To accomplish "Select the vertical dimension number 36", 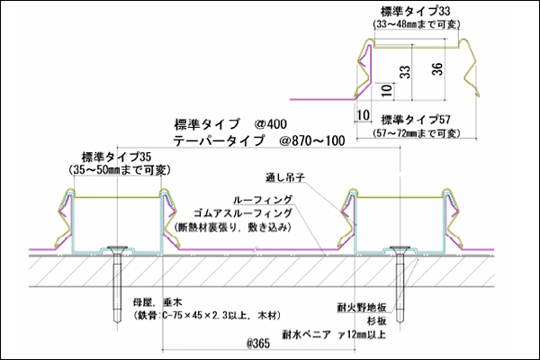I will [436, 72].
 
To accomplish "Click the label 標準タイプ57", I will [415, 119].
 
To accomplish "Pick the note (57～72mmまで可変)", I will [415, 133].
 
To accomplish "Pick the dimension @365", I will [260, 344].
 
